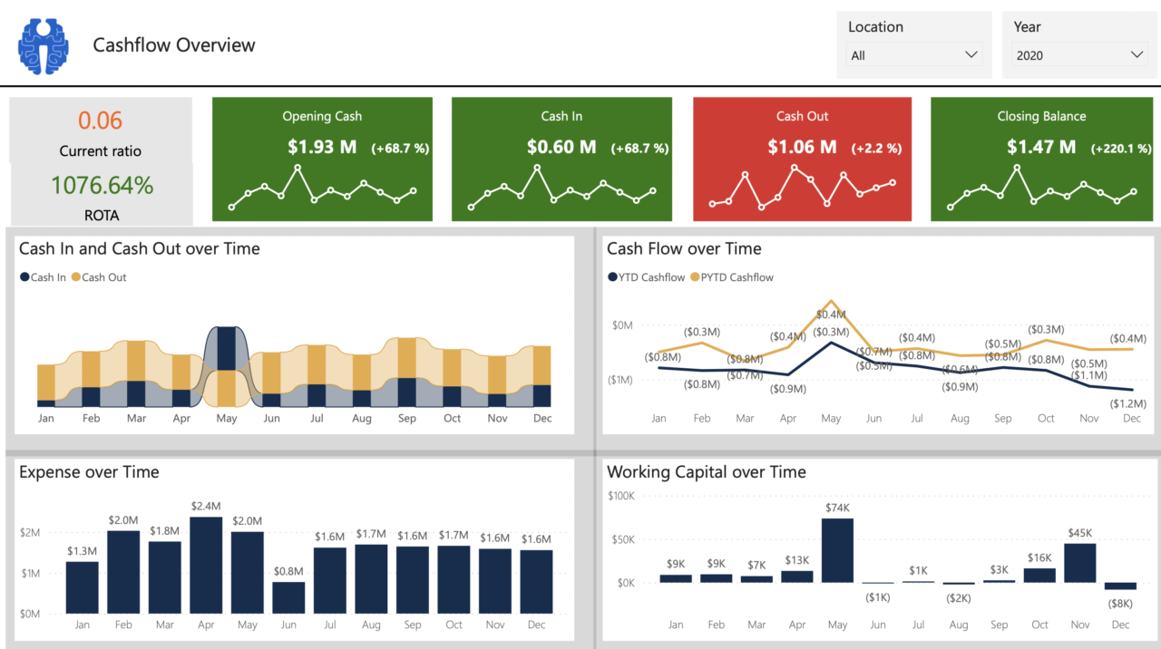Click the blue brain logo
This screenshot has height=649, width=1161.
pos(43,45)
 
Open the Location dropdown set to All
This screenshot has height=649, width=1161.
pos(914,55)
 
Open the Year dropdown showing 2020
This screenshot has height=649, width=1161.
pos(1079,55)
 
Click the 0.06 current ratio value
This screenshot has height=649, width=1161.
pos(100,121)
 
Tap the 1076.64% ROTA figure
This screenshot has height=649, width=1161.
pos(102,186)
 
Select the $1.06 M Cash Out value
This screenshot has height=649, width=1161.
pos(802,147)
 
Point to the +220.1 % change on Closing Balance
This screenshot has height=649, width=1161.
pos(1121,149)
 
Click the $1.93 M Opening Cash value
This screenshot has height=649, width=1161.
pos(322,147)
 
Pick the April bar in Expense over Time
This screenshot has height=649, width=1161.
pos(206,565)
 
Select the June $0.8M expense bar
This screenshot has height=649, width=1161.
pos(288,597)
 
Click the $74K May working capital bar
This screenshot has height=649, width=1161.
pos(837,550)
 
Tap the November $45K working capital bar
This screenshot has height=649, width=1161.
pos(1079,563)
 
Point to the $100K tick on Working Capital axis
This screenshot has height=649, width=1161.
pos(621,496)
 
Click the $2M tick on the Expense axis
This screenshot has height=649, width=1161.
pos(29,532)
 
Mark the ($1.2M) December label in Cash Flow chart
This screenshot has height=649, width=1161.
pos(1128,403)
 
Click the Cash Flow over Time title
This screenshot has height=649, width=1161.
pos(684,248)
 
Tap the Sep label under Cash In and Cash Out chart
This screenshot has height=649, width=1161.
pos(406,419)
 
